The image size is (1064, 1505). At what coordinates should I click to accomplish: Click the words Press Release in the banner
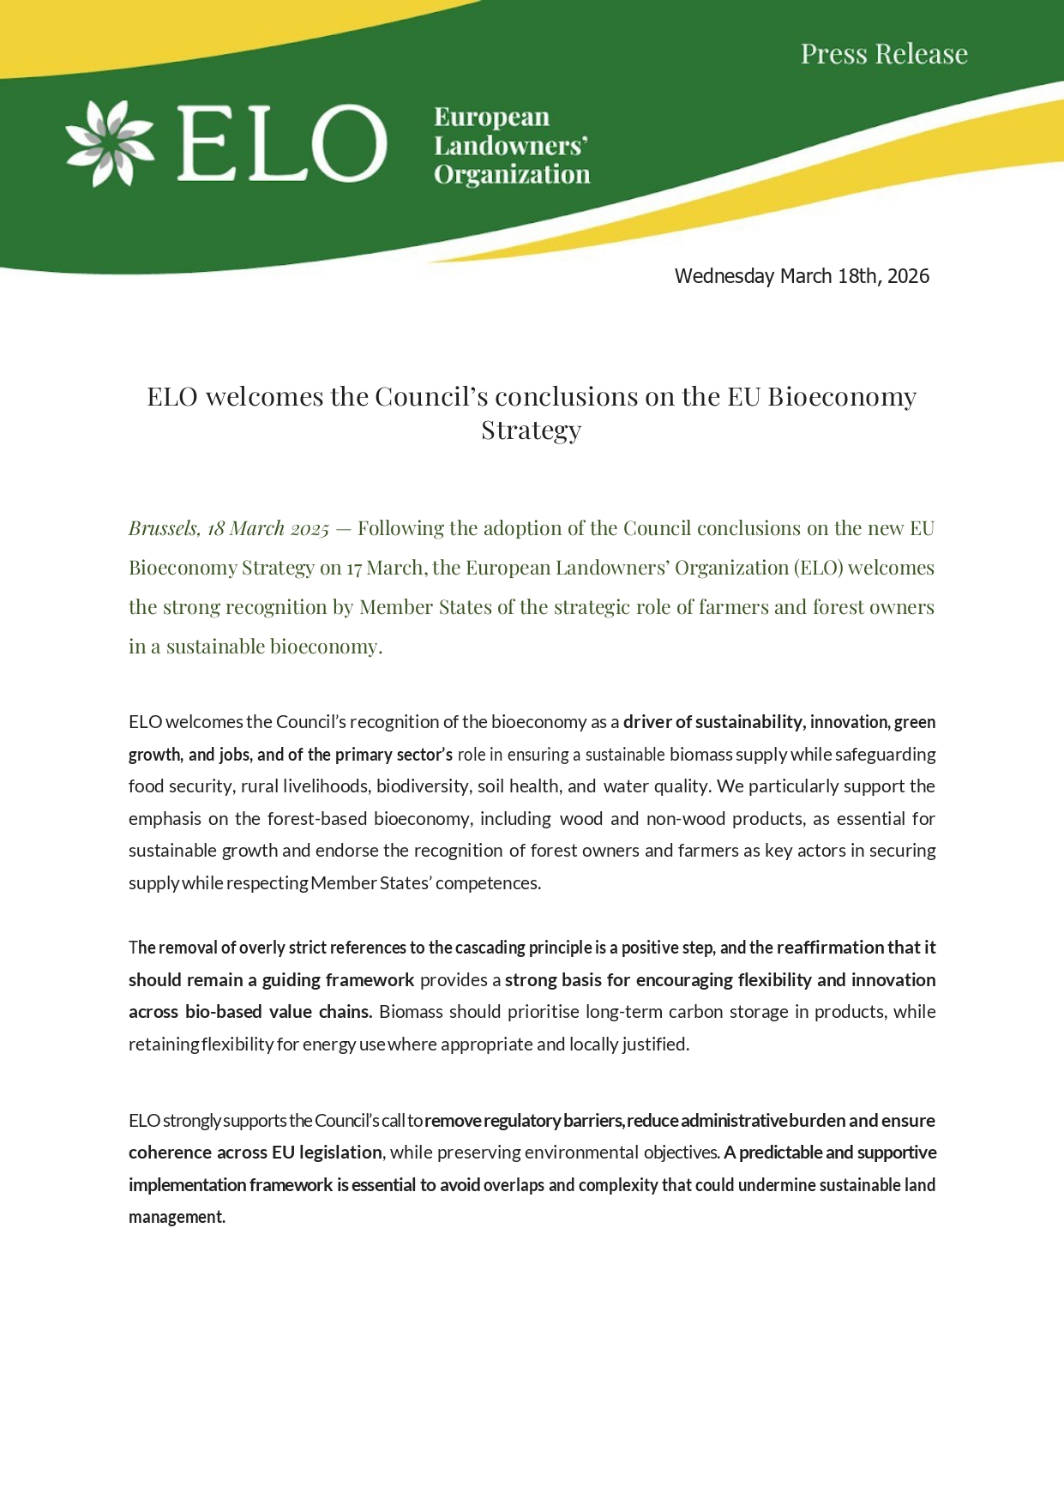(x=884, y=54)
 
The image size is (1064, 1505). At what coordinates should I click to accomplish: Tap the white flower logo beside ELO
(x=111, y=143)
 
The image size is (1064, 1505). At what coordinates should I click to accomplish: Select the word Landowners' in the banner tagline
(x=510, y=146)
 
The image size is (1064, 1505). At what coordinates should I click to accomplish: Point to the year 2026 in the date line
(x=908, y=276)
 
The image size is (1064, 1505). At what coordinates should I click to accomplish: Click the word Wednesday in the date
(x=724, y=276)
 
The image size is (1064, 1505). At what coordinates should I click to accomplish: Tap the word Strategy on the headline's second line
(x=531, y=430)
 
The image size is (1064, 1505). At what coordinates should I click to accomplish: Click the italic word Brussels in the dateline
(x=163, y=528)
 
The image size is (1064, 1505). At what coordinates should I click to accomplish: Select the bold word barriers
(x=592, y=1121)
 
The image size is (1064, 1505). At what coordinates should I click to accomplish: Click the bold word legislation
(x=340, y=1153)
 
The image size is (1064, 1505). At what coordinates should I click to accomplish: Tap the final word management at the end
(x=177, y=1217)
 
